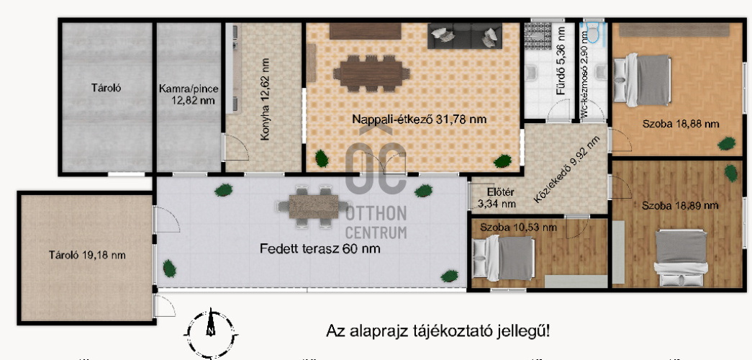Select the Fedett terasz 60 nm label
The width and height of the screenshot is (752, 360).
[320, 249]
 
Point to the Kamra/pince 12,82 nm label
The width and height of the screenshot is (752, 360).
[189, 95]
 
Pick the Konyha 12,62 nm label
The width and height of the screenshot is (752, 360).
[266, 99]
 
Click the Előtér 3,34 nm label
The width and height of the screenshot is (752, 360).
[497, 198]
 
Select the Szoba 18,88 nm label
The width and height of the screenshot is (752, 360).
[681, 123]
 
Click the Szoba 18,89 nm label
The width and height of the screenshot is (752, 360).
[680, 205]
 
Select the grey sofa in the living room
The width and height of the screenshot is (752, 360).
[464, 36]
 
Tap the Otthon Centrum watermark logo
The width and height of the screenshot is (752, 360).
[376, 187]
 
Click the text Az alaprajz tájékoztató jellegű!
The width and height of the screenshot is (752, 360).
[438, 330]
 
